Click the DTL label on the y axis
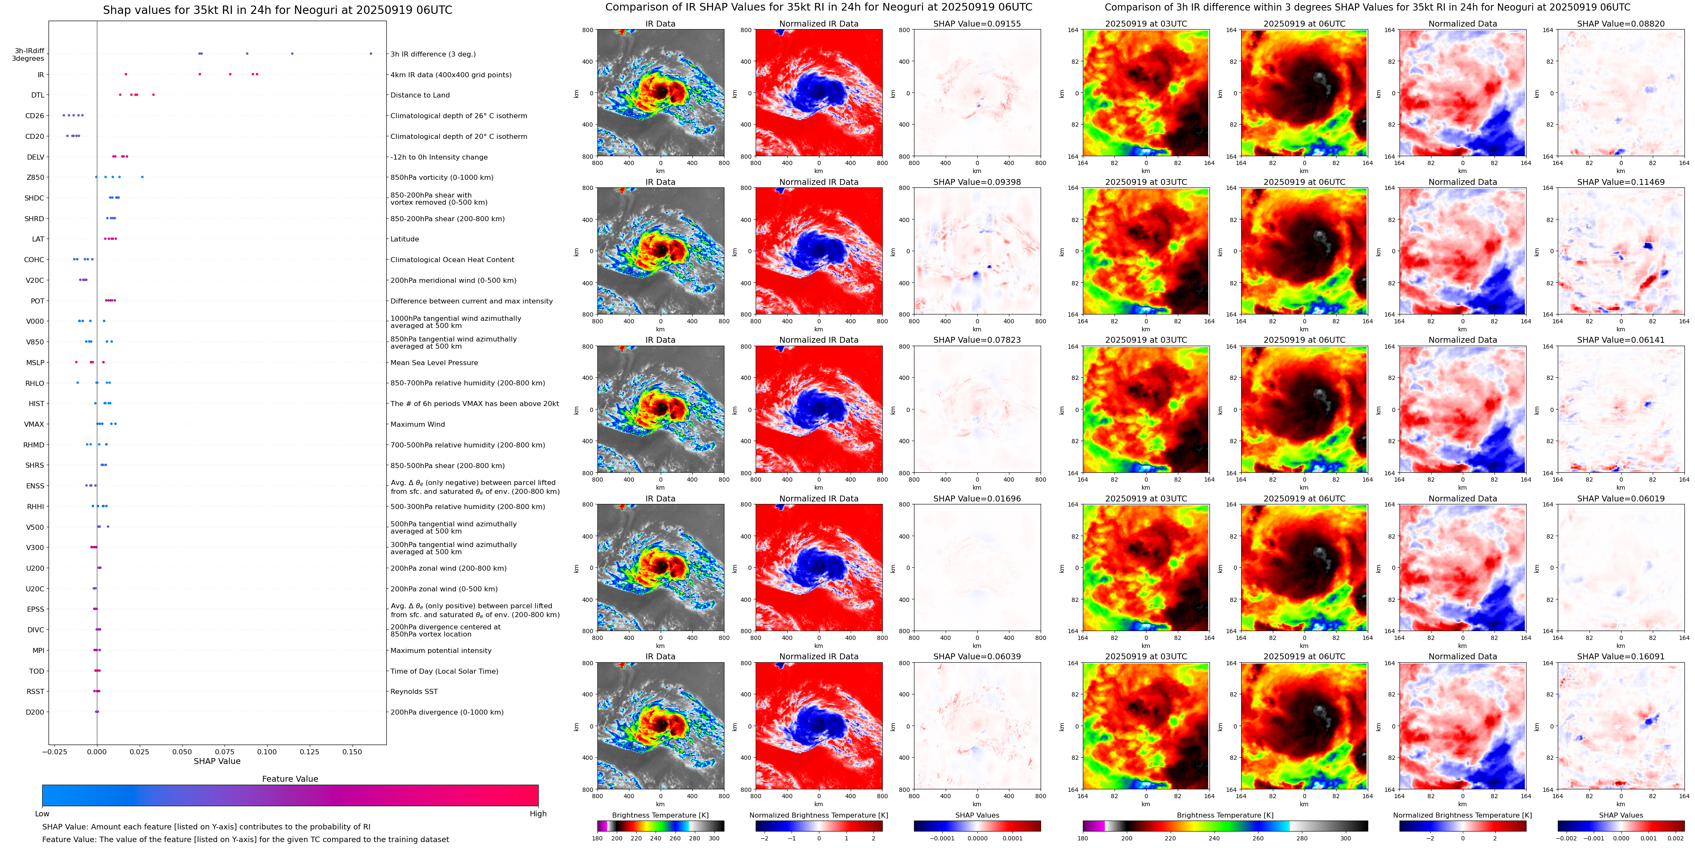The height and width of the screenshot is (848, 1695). click(38, 95)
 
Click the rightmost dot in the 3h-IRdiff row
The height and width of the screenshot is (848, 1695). click(371, 53)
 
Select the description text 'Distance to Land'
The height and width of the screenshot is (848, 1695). click(420, 95)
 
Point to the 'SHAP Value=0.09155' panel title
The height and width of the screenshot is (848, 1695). click(976, 24)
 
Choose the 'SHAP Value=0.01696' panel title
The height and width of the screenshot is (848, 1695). click(976, 499)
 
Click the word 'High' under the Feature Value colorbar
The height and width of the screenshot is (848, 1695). click(537, 814)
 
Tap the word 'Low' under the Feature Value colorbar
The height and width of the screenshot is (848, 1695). click(42, 814)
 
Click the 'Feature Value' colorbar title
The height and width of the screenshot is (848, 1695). click(290, 779)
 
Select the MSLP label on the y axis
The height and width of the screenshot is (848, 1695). click(35, 363)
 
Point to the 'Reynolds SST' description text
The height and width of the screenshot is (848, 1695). click(413, 691)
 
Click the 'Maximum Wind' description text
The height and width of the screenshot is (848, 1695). click(417, 424)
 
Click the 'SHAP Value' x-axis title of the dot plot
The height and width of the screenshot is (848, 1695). click(217, 761)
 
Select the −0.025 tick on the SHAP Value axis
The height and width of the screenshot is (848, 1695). click(57, 751)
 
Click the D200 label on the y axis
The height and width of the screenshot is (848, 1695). click(35, 712)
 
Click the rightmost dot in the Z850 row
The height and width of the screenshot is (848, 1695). click(142, 177)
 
